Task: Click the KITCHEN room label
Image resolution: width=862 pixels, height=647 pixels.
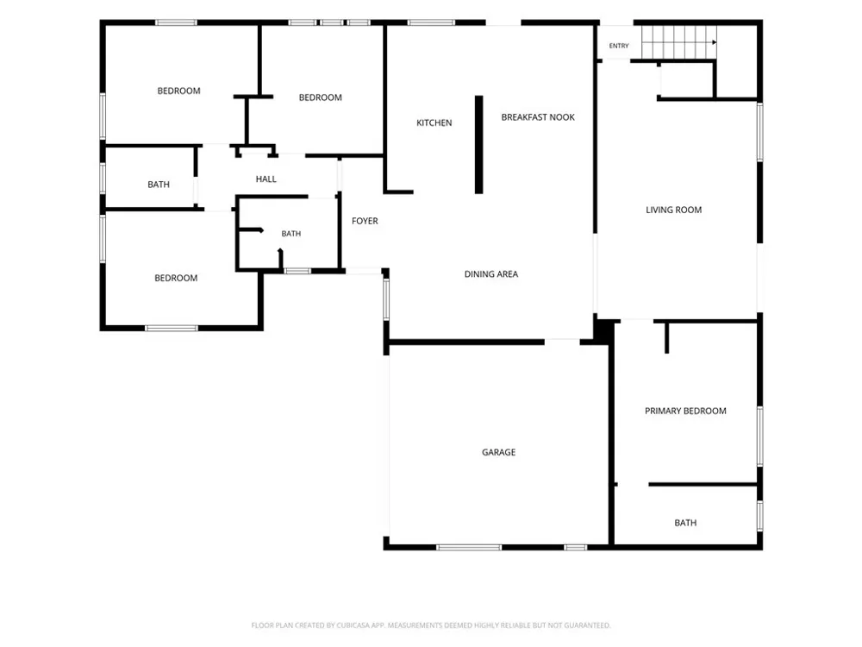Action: [x=434, y=122]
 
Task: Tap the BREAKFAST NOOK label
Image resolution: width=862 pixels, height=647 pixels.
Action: [x=538, y=117]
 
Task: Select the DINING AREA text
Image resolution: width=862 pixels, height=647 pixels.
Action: [x=491, y=274]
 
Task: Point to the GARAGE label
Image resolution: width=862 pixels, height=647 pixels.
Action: [x=498, y=452]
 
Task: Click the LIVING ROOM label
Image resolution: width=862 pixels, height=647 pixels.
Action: [x=673, y=210]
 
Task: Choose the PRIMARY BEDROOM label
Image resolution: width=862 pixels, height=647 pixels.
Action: [x=685, y=411]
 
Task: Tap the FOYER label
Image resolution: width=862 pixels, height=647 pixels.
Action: [x=365, y=221]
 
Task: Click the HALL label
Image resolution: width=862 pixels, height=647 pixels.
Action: [x=266, y=179]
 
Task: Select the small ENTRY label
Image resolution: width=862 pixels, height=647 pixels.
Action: [x=619, y=46]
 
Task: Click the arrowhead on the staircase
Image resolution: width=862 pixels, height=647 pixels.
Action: [x=714, y=42]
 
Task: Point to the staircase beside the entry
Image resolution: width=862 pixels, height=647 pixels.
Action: [x=679, y=41]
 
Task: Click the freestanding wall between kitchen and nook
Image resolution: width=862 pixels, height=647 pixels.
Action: [x=478, y=145]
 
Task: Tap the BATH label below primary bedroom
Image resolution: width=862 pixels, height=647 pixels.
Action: [x=685, y=523]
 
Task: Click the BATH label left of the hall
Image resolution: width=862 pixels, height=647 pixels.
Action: [x=159, y=185]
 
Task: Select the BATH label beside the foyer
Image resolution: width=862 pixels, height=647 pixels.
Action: [x=290, y=233]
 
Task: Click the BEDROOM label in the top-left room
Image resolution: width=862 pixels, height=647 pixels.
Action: [x=178, y=91]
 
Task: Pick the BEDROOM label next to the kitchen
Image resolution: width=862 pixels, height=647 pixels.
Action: [x=321, y=97]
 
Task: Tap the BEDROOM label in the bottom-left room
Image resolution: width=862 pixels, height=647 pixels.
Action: [x=176, y=278]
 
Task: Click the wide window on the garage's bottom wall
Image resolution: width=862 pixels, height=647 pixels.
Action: [x=469, y=548]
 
